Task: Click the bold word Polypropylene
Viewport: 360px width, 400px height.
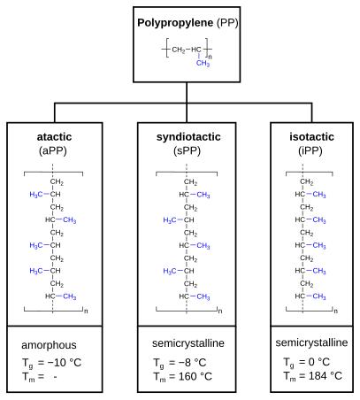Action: coord(175,23)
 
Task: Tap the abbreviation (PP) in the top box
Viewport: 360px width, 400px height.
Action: coord(227,23)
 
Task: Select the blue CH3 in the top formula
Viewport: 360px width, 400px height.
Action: coord(203,63)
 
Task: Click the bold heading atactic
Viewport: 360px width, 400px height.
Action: coord(54,137)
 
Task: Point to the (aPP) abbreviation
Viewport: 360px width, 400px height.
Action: coord(53,151)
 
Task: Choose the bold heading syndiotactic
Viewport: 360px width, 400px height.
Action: coord(188,137)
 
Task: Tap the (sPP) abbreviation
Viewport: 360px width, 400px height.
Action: coord(187,151)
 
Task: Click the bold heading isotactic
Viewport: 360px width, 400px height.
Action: coord(311,137)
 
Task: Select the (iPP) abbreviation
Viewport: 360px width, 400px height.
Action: coord(310,151)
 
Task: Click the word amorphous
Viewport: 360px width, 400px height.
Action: coord(49,345)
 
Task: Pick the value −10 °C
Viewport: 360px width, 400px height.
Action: coord(65,363)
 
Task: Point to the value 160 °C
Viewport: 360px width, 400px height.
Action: coord(195,376)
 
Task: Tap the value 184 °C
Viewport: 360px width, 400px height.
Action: coord(326,376)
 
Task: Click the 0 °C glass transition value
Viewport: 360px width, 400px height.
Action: coord(318,362)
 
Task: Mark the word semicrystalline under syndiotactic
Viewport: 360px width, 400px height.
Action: coord(188,343)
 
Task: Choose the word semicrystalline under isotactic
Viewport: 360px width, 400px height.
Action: coord(311,342)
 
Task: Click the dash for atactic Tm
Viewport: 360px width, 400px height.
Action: coord(55,377)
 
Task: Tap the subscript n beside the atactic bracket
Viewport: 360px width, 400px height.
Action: coord(86,311)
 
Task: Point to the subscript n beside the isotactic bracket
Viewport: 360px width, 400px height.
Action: coord(336,311)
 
